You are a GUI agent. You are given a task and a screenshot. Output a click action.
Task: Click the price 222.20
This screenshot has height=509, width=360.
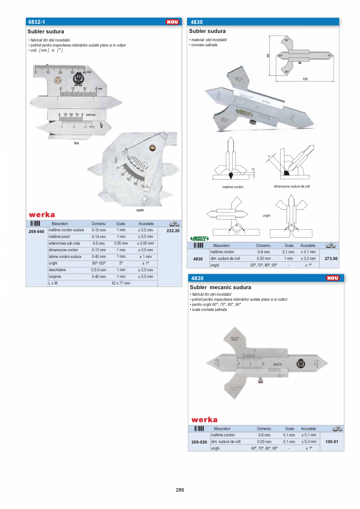pyautogui.click(x=173, y=231)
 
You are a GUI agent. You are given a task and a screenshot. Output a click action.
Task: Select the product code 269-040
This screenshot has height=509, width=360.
pyautogui.click(x=36, y=232)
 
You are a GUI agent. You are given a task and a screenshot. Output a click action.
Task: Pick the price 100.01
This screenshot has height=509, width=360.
pyautogui.click(x=331, y=442)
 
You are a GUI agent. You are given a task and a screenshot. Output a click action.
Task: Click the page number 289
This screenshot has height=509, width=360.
pyautogui.click(x=180, y=490)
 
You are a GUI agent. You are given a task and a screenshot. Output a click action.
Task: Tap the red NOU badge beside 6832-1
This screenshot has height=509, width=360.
pyautogui.click(x=172, y=22)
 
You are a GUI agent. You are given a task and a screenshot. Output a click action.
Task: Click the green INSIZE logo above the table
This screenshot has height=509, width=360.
pyautogui.click(x=200, y=239)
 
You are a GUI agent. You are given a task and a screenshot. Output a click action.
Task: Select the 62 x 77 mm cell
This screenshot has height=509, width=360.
pyautogui.click(x=121, y=283)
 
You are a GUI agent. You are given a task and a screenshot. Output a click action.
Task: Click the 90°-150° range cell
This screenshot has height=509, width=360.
pyautogui.click(x=99, y=263)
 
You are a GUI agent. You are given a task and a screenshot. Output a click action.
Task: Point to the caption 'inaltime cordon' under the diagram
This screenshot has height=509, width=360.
pyautogui.click(x=232, y=187)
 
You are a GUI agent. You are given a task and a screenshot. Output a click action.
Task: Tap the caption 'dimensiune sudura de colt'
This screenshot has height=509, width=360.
pyautogui.click(x=292, y=187)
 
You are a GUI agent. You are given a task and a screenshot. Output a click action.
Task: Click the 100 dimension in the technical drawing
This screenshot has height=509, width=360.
pyautogui.click(x=305, y=79)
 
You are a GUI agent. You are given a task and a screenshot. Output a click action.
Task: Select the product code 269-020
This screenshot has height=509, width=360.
pyautogui.click(x=199, y=442)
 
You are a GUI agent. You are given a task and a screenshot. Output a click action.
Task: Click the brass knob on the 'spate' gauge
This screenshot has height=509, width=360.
pyautogui.click(x=151, y=148)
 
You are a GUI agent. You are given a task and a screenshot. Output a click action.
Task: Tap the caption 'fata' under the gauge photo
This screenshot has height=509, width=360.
pyautogui.click(x=76, y=143)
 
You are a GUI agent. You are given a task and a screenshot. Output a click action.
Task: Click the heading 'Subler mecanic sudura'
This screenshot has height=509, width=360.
pyautogui.click(x=220, y=287)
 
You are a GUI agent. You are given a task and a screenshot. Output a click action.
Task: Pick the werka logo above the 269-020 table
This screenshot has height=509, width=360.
pyautogui.click(x=204, y=420)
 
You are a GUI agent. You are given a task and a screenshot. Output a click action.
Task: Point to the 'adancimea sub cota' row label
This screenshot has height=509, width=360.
pyautogui.click(x=64, y=243)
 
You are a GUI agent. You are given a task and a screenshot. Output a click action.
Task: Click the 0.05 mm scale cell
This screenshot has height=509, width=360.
pyautogui.click(x=121, y=243)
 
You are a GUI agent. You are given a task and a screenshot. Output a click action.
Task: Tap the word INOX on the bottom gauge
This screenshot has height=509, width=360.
pyautogui.click(x=277, y=365)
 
